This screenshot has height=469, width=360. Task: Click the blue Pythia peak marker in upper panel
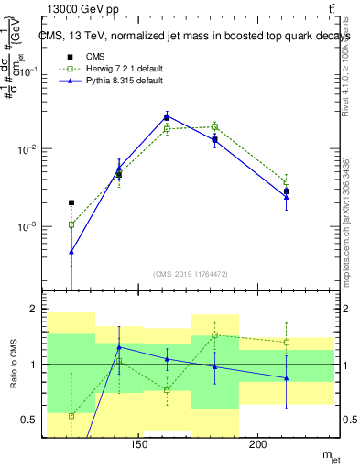(167, 116)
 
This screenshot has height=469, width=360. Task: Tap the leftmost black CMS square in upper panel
(71, 202)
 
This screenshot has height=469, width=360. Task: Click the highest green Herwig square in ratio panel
(214, 334)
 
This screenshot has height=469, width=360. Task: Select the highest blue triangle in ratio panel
(119, 347)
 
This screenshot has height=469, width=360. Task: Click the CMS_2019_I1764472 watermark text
(190, 273)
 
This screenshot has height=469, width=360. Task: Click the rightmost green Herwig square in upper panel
(286, 182)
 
